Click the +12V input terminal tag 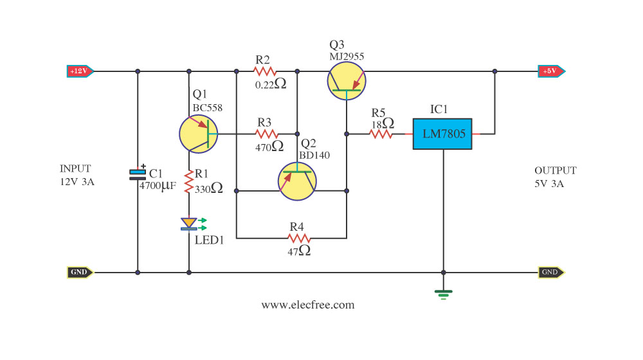80,71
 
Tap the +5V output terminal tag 552,71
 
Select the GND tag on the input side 80,273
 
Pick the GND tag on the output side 551,273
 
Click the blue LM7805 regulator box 442,134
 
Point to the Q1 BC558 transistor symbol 199,134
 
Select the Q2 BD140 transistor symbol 297,181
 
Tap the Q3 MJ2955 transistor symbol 347,81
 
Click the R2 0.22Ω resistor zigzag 265,71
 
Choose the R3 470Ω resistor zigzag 267,134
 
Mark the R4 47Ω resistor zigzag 299,239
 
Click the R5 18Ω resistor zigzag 381,134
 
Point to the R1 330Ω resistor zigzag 188,182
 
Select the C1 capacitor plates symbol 138,174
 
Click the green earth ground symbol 443,294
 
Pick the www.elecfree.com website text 308,305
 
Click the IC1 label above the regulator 439,109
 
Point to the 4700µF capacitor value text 158,186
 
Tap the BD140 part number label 314,156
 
